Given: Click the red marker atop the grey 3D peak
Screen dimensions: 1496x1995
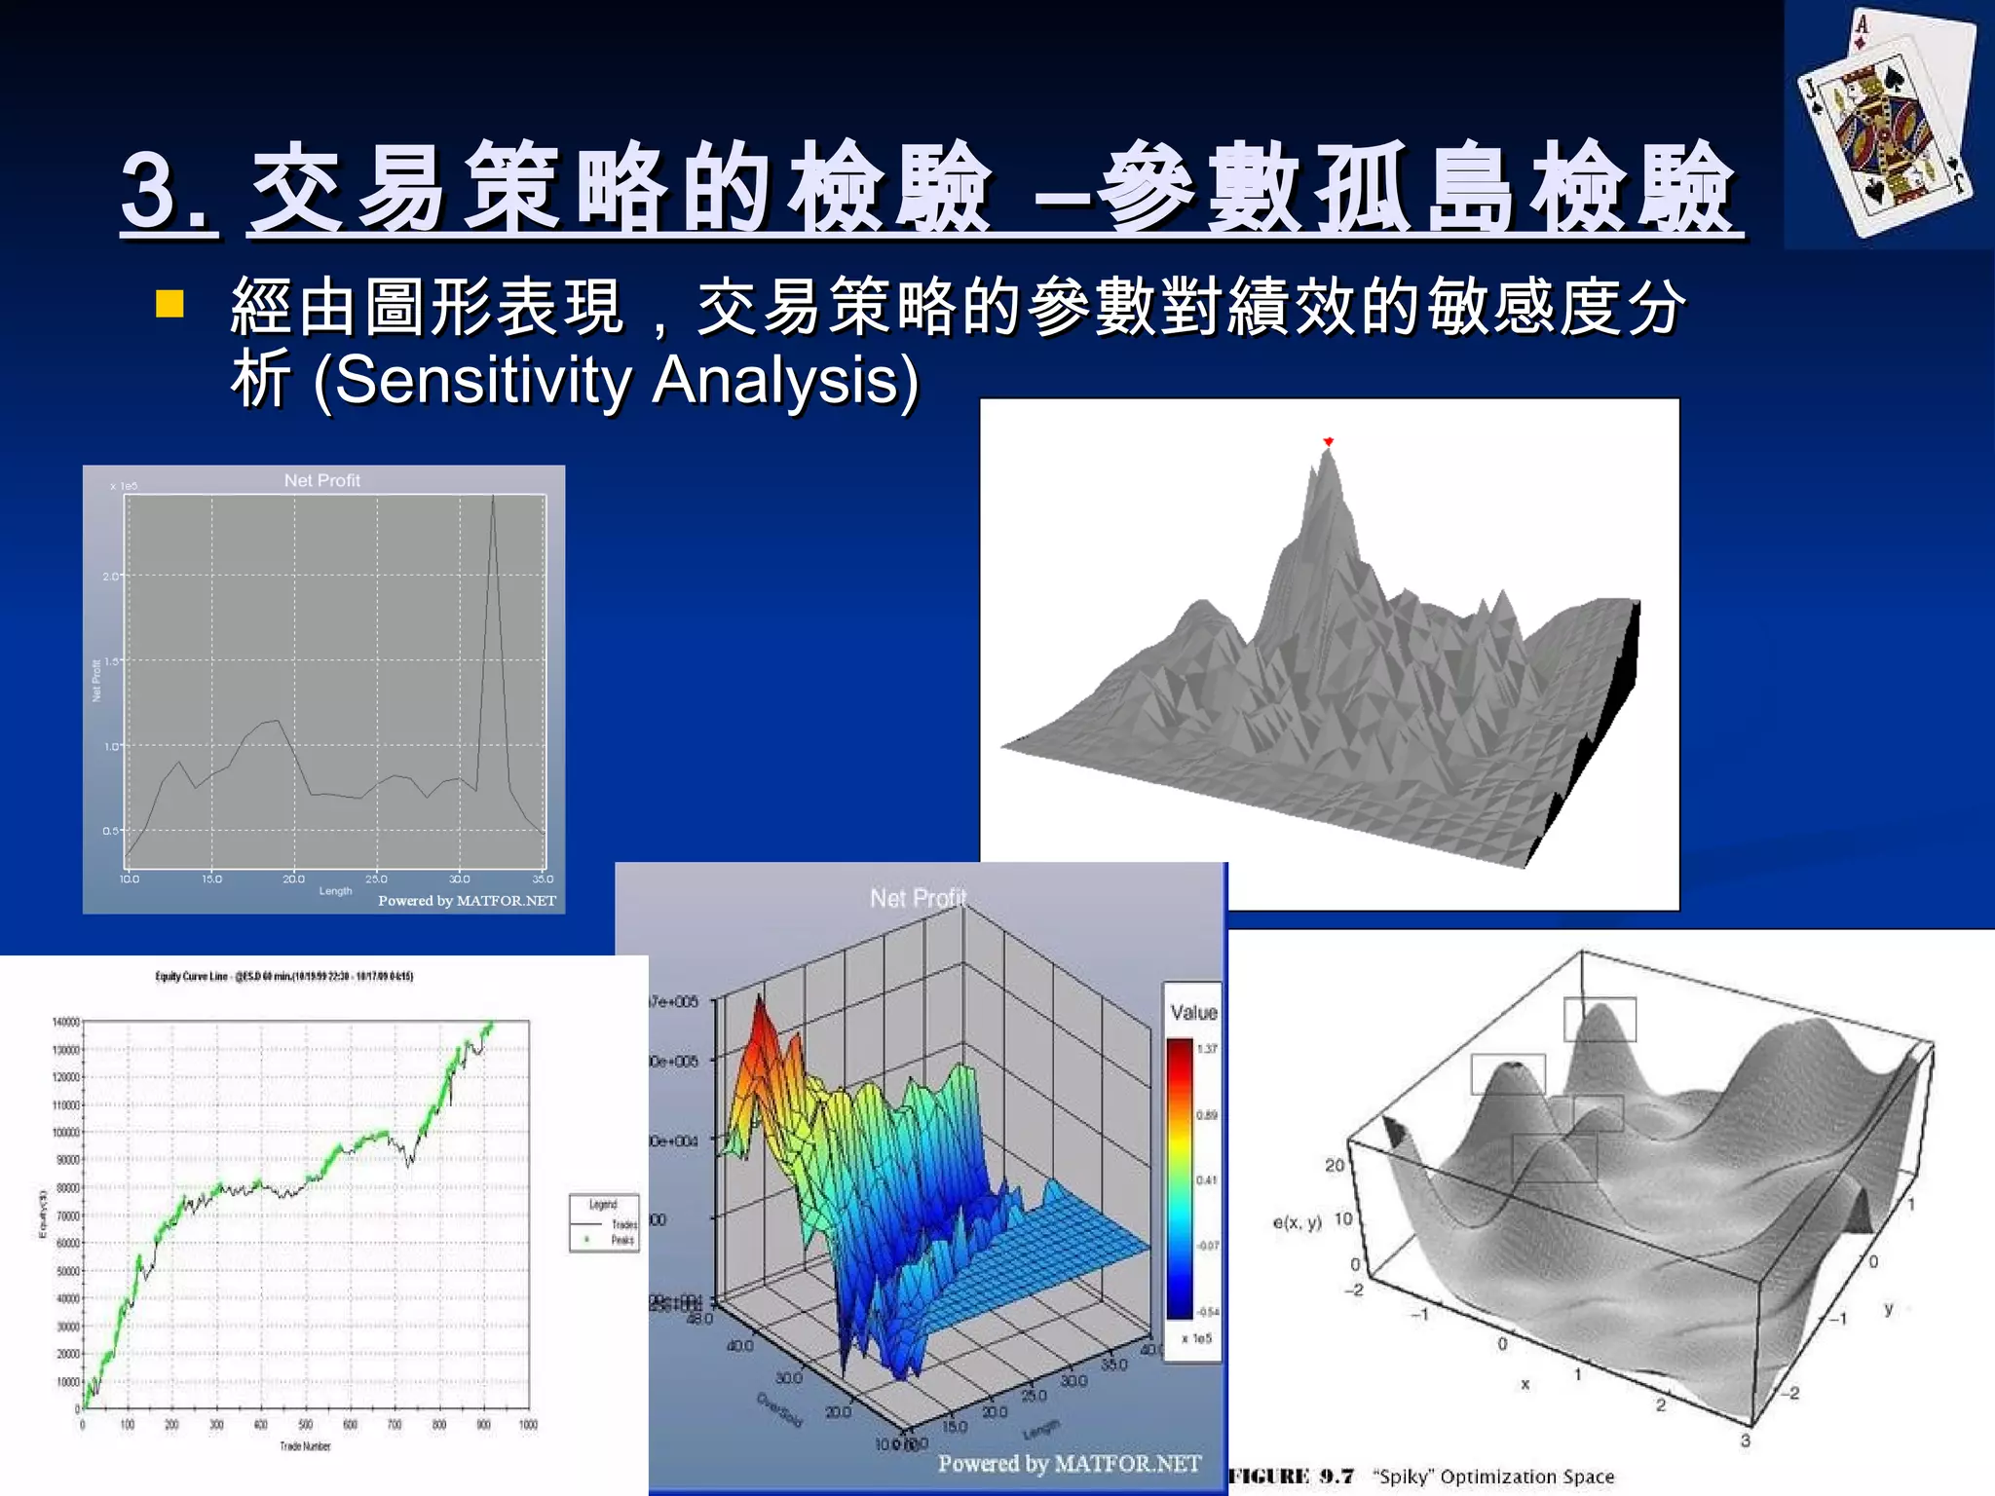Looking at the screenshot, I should point(1328,442).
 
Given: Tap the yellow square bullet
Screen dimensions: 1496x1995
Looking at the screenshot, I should point(169,304).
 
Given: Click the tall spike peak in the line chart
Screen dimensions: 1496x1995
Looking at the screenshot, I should point(493,499).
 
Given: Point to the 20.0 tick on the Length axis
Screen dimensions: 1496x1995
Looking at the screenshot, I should point(293,879).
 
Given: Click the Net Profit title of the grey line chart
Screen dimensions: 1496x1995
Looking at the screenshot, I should point(321,480).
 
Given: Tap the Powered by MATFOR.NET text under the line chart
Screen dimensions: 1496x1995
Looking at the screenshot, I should point(467,901).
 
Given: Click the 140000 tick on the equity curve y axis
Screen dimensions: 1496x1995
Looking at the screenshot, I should point(65,1022).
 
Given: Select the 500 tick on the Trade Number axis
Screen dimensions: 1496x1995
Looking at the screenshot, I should point(305,1425).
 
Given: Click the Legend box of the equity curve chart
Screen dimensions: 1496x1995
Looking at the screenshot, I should point(604,1222).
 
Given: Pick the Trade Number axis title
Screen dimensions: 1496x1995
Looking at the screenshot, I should point(305,1446).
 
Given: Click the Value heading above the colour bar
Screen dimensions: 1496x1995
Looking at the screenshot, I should point(1193,1012).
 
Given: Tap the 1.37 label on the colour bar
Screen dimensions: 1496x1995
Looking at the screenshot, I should point(1207,1049).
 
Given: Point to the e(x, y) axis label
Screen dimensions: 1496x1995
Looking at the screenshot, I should point(1297,1221).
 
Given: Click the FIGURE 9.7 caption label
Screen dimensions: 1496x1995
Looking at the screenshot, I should point(1291,1477).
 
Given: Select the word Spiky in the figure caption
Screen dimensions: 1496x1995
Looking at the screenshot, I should point(1403,1477).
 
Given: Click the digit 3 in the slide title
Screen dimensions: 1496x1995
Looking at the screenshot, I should point(154,190).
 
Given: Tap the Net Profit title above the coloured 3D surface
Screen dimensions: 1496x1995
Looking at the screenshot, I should point(918,897).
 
